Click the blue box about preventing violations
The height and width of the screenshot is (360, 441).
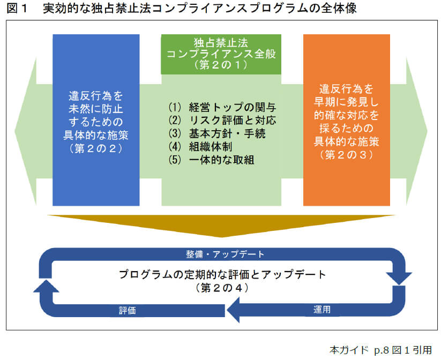coord(96,120)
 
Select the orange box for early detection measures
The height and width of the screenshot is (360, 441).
coord(346,120)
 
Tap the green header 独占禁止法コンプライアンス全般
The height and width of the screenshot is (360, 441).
coord(221,54)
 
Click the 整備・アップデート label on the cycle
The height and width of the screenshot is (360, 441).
coord(221,253)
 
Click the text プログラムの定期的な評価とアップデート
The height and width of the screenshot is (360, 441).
coord(222,275)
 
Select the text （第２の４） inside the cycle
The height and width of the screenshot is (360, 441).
coord(221,288)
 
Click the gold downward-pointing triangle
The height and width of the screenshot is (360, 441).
coord(221,225)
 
